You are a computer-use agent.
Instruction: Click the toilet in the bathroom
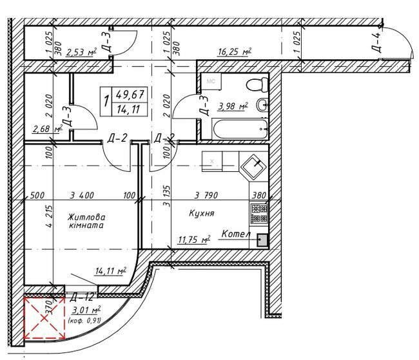[x=260, y=84]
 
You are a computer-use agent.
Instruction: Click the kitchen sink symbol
[x=253, y=166]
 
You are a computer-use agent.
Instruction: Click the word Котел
[x=235, y=234]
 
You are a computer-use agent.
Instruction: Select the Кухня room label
[x=202, y=213]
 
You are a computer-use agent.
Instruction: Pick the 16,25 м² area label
[x=234, y=52]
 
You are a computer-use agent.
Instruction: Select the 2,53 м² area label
[x=81, y=52]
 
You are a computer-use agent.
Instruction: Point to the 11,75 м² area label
[x=194, y=240]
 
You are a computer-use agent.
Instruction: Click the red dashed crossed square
[x=45, y=317]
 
